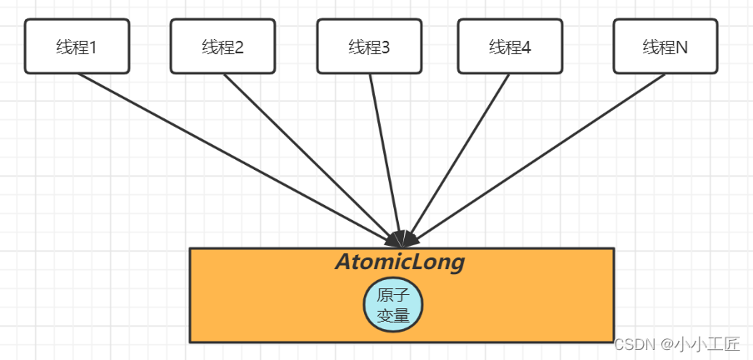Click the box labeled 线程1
click(x=77, y=47)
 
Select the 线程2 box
click(x=222, y=47)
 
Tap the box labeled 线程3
click(x=369, y=47)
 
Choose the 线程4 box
click(x=510, y=47)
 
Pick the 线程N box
click(x=665, y=47)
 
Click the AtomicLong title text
click(x=400, y=262)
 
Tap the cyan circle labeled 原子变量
click(x=393, y=305)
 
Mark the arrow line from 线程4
click(x=463, y=150)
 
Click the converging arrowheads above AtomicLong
click(x=403, y=238)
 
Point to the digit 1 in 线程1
click(x=92, y=47)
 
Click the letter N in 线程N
click(x=681, y=47)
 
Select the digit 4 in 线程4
click(x=526, y=47)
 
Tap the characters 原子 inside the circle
click(x=392, y=296)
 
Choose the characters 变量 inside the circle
click(x=392, y=315)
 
